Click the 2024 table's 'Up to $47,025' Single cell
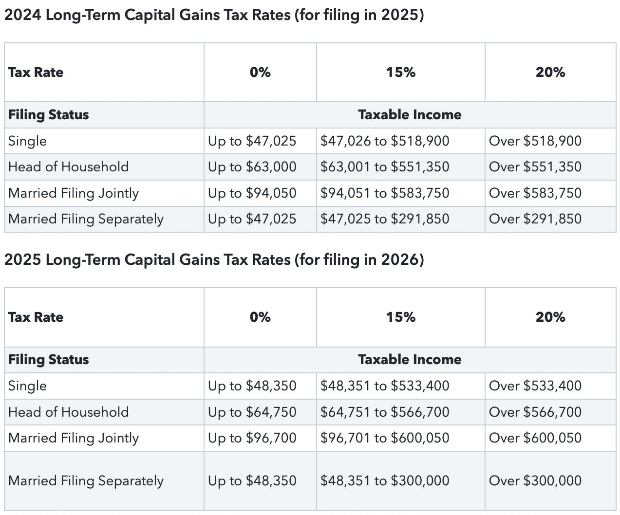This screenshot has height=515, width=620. (x=252, y=141)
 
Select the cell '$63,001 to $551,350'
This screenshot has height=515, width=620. (x=384, y=167)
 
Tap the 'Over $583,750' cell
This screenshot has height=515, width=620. (x=535, y=193)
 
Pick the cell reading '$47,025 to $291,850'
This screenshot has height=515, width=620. (x=384, y=219)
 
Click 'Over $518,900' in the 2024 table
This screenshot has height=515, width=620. (x=535, y=141)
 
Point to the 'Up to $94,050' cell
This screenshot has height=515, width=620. (x=252, y=193)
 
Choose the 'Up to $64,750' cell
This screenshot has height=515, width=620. (x=252, y=412)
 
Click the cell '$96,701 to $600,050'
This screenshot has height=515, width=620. (x=384, y=438)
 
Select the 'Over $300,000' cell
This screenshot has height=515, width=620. (x=535, y=481)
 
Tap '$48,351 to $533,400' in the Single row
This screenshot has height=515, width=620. (x=384, y=386)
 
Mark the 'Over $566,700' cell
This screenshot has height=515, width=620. (x=535, y=412)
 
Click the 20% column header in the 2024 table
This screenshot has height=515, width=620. (x=550, y=73)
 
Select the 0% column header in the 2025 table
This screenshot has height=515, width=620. (x=260, y=317)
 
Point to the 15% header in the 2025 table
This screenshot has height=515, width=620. (x=400, y=317)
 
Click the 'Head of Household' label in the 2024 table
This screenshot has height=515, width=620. (x=68, y=167)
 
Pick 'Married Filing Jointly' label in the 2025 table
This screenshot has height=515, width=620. (x=73, y=438)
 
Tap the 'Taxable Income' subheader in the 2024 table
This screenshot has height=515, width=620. (x=410, y=115)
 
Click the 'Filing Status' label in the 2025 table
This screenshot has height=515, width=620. (x=48, y=360)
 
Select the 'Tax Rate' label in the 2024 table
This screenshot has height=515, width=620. (x=36, y=73)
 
